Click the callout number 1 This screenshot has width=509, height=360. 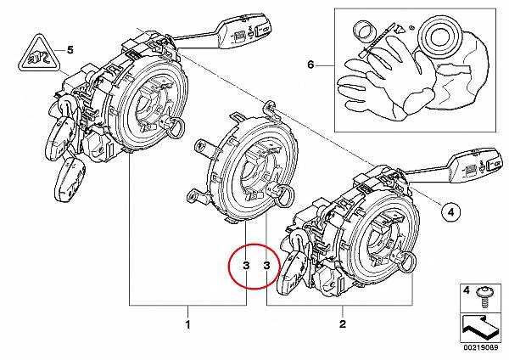[x=187, y=324]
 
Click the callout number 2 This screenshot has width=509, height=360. [x=343, y=324]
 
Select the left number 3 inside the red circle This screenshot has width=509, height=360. [x=246, y=266]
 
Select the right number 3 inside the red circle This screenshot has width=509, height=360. [x=266, y=266]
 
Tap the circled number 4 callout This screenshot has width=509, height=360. [x=451, y=213]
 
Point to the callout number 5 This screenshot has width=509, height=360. [x=70, y=50]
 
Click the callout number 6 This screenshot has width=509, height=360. [x=310, y=65]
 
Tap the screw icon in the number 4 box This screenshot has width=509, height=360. [x=484, y=297]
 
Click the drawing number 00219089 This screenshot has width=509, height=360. [x=481, y=347]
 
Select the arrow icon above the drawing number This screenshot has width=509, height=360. [x=479, y=328]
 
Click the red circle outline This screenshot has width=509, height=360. [x=228, y=266]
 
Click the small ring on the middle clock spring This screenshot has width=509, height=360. [x=284, y=195]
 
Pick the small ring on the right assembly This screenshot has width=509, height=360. [x=406, y=263]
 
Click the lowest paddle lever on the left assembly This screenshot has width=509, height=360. [x=70, y=179]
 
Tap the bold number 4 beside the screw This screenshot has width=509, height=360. [x=466, y=290]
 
